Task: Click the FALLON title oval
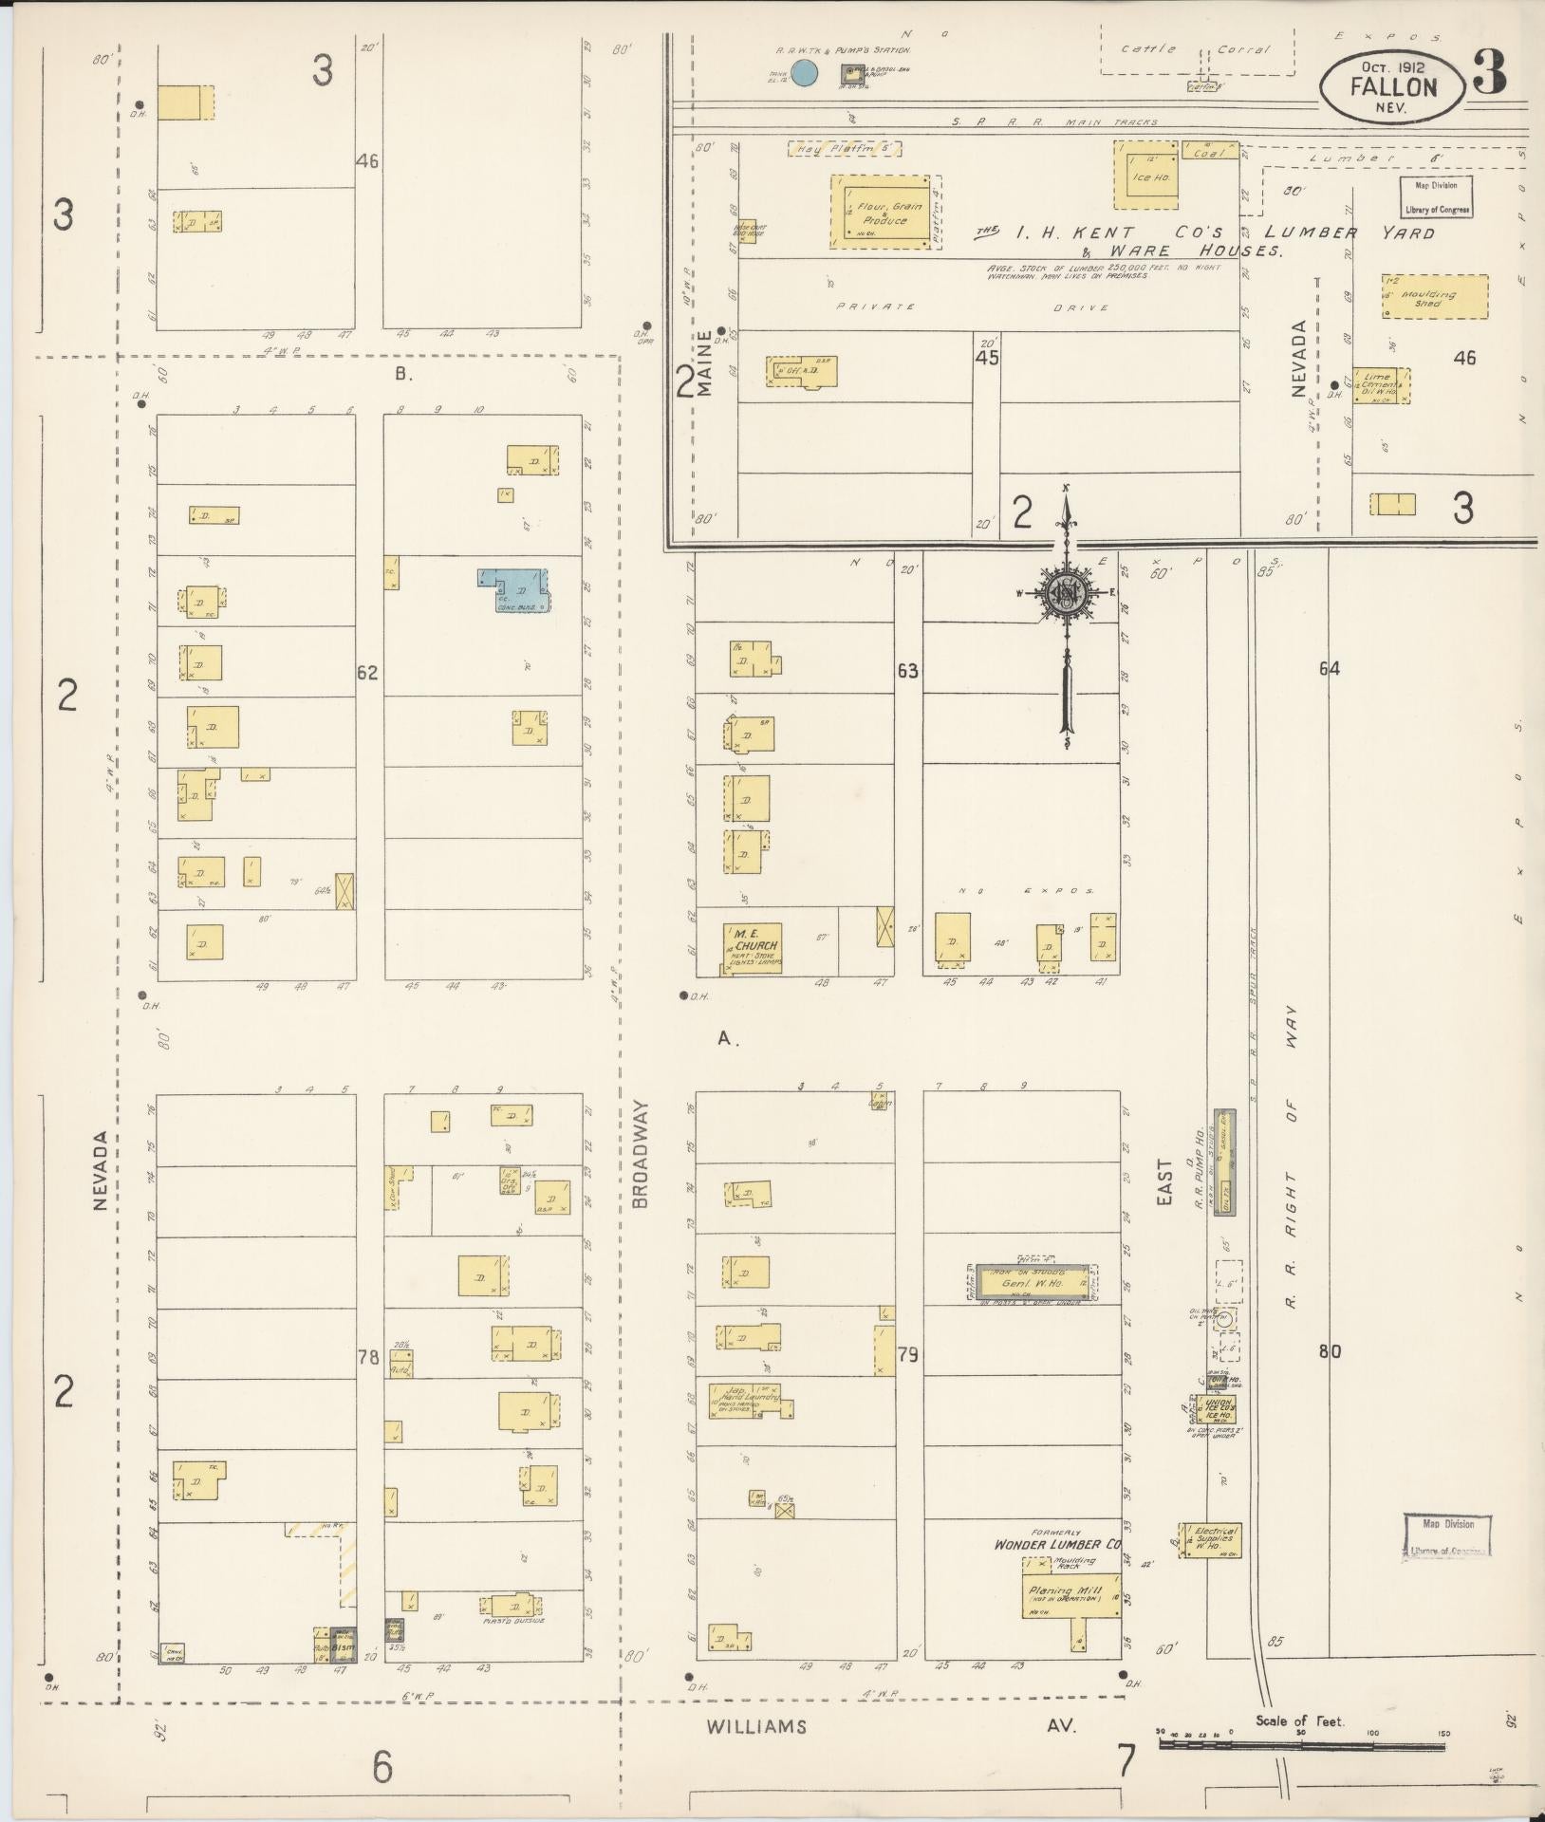pos(1391,86)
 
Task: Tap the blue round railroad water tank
pos(805,72)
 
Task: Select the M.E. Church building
pos(752,948)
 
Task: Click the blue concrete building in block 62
pos(515,589)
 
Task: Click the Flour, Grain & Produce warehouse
pos(882,213)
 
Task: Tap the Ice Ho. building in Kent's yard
pos(1145,175)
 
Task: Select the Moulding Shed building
pos(1435,297)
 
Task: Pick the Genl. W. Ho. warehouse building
pos(1033,1283)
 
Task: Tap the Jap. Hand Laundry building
pos(748,1400)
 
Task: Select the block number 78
pos(368,1358)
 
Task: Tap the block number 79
pos(908,1355)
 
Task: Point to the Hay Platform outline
pos(844,149)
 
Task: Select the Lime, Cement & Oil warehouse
pos(1381,386)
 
